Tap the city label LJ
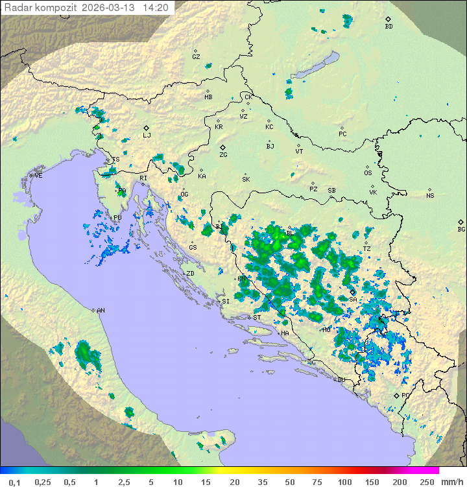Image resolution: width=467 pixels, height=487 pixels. (147, 136)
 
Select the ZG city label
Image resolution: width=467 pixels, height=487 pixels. (223, 156)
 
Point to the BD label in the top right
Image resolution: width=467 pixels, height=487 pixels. (389, 27)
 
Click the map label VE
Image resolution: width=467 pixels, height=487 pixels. (38, 176)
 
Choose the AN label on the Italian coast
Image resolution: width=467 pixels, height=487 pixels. (101, 311)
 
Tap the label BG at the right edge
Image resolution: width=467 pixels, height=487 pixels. (461, 230)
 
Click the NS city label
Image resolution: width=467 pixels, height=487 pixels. (430, 196)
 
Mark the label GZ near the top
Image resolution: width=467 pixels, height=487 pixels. (196, 57)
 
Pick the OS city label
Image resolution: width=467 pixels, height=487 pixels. (368, 173)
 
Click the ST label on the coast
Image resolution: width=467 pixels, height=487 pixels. (257, 318)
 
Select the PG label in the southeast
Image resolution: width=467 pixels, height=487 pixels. (405, 395)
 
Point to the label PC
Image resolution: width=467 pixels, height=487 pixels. (342, 134)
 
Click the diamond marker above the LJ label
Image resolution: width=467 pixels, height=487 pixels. (147, 127)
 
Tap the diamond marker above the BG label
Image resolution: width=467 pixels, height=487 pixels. (461, 222)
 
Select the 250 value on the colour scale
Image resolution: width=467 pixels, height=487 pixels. (427, 482)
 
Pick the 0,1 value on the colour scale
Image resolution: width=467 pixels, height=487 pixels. (14, 482)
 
